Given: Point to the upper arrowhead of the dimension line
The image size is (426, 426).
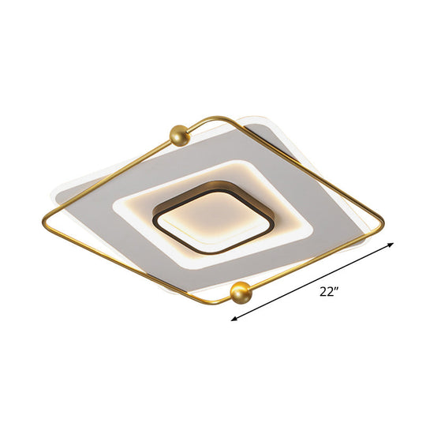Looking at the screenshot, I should click(x=391, y=245).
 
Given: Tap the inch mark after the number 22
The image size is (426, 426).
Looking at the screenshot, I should click(x=338, y=289).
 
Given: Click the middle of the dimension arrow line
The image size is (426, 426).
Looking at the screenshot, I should click(x=312, y=282).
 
